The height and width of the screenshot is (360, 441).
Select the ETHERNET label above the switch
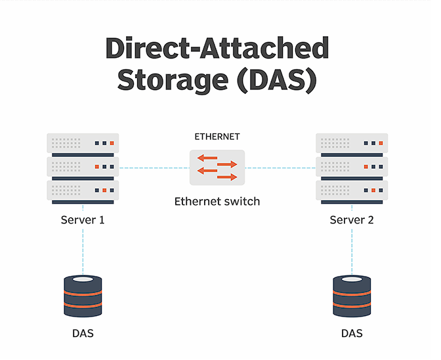pyautogui.click(x=217, y=137)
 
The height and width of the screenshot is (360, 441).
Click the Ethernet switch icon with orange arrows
pyautogui.click(x=217, y=168)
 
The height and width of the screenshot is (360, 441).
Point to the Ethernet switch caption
pyautogui.click(x=217, y=201)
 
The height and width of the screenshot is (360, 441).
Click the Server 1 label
pyautogui.click(x=83, y=219)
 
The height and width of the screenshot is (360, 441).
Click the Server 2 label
pyautogui.click(x=352, y=219)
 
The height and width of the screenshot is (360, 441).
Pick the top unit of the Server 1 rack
pyautogui.click(x=83, y=143)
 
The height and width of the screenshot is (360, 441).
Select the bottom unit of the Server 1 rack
pyautogui.click(x=83, y=191)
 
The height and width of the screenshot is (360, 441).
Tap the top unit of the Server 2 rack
pyautogui.click(x=352, y=143)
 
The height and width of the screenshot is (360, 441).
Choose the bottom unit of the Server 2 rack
pyautogui.click(x=352, y=191)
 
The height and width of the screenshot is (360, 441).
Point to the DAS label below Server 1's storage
pyautogui.click(x=83, y=333)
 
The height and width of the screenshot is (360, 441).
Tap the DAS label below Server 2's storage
pyautogui.click(x=352, y=333)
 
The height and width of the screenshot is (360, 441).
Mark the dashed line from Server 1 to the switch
pyautogui.click(x=152, y=168)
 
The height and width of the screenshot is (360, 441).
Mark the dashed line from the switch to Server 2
pyautogui.click(x=280, y=168)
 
